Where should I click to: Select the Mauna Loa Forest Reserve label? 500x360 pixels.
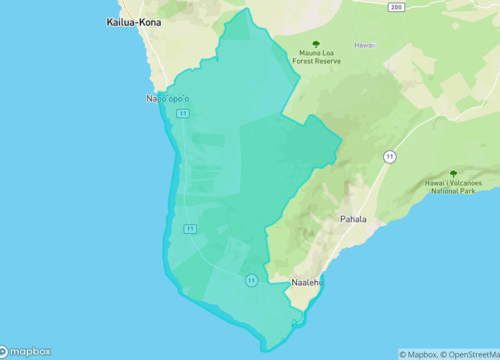[x=316, y=57]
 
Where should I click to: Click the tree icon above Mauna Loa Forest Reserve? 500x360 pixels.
[x=316, y=43]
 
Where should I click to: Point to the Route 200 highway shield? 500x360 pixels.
[x=396, y=6]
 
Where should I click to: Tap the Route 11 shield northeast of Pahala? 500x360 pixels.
[x=388, y=157]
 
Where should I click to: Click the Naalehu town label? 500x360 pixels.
[x=306, y=283]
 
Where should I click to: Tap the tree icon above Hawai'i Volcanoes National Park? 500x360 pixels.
[x=453, y=173]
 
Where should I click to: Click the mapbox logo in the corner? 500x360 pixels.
[x=27, y=352]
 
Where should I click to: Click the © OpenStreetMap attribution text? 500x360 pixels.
[x=471, y=353]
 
